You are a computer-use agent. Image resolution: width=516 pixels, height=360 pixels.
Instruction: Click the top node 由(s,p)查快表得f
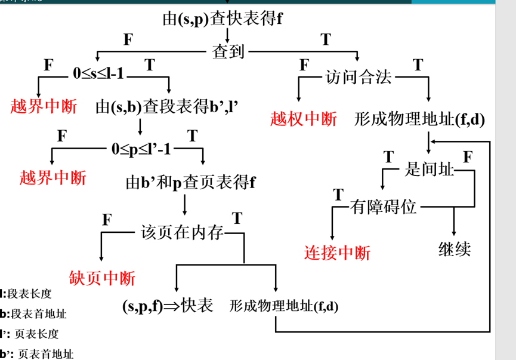coord(222,19)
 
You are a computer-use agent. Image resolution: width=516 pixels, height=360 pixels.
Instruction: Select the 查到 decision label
coord(228,52)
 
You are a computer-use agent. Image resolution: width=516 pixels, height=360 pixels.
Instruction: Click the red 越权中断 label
coord(303,119)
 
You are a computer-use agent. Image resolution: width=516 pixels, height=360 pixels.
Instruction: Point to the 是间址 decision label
coord(429,170)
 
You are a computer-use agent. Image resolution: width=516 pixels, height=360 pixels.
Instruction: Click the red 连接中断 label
coord(338,253)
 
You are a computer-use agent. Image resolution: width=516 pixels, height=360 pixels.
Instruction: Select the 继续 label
coord(455,249)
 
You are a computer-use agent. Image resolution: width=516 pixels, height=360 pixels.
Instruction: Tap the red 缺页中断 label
coord(102,278)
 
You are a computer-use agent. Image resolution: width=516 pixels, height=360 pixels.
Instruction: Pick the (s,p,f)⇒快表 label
coord(168,306)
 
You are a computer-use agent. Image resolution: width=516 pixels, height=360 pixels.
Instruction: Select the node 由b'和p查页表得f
coord(190,183)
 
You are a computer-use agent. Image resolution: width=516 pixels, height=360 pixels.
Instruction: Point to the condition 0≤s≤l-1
coord(98,73)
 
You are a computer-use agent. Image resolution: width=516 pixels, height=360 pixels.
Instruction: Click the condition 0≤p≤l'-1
coord(141,149)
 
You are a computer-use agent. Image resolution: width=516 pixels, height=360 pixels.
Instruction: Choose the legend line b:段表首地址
coord(33,313)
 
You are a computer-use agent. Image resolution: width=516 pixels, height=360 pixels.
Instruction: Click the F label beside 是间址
coord(468,157)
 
